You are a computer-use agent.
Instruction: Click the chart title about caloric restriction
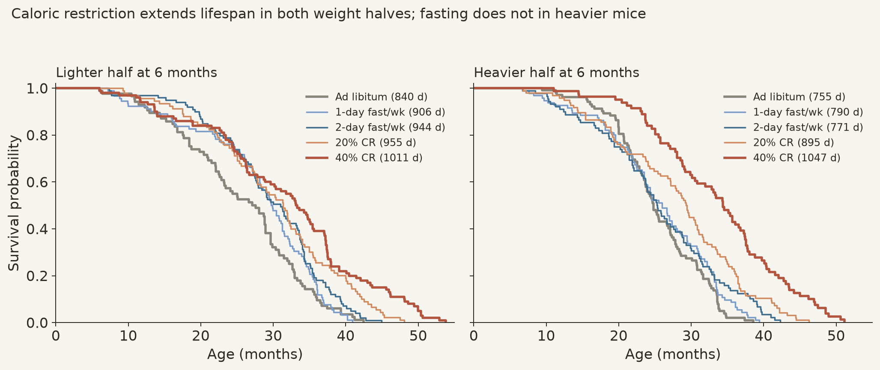point(328,14)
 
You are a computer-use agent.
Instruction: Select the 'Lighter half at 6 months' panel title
point(137,73)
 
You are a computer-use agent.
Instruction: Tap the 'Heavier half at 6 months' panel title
point(556,73)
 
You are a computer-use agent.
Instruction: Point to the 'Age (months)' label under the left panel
point(255,354)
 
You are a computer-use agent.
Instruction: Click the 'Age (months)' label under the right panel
point(673,354)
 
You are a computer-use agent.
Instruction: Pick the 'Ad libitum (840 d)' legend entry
point(367,97)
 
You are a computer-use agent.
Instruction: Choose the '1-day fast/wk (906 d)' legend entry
point(376,112)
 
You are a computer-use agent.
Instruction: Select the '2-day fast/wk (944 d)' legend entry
point(376,127)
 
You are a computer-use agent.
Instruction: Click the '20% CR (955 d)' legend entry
point(361,142)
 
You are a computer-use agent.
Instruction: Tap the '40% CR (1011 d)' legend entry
point(364,158)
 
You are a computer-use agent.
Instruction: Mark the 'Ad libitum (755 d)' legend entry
point(785,97)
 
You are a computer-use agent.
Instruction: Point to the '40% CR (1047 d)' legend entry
point(782,158)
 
